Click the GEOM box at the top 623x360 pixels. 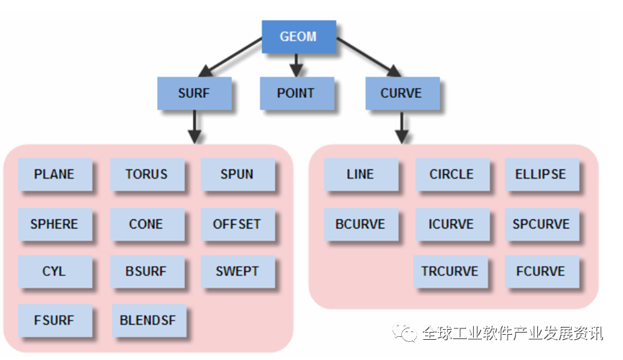(x=298, y=35)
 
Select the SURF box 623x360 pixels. (x=194, y=93)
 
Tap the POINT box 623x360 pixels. (x=295, y=93)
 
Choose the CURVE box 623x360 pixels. (x=400, y=93)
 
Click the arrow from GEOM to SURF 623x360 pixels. (x=230, y=57)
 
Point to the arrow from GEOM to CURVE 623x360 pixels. (x=368, y=57)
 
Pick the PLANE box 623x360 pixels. (x=54, y=174)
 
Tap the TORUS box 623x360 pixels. (x=146, y=174)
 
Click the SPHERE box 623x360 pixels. (x=54, y=224)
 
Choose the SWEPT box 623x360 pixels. (x=237, y=271)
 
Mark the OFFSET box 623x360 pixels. (x=237, y=224)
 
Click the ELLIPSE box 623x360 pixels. (x=540, y=174)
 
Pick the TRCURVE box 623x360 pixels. (x=450, y=271)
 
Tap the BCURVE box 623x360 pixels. (x=360, y=224)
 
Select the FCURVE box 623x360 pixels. (x=540, y=271)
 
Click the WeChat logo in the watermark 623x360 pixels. (x=403, y=332)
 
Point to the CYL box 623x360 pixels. (x=54, y=271)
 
